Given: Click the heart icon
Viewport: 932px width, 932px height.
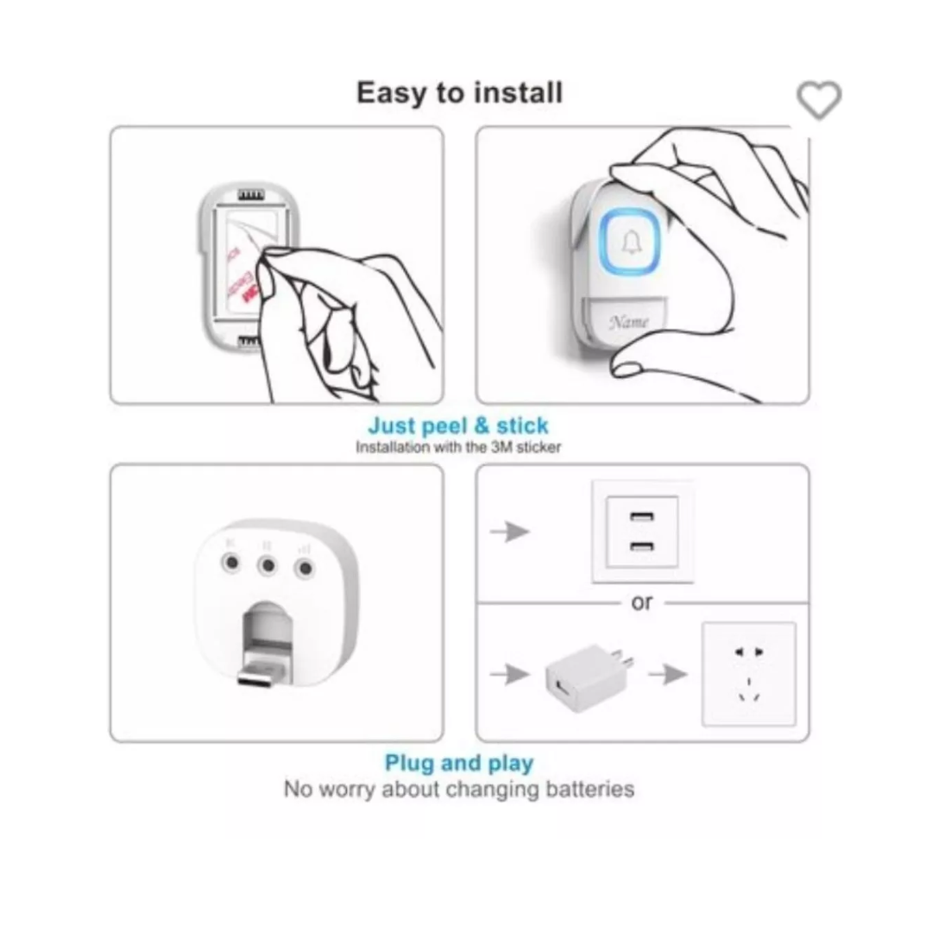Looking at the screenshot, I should coord(818,100).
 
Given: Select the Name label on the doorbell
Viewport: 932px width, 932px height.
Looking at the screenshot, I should coord(628,322).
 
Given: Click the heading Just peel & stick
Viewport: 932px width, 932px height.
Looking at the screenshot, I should coord(457,425).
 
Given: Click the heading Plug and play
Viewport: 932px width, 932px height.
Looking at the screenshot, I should coord(459,763).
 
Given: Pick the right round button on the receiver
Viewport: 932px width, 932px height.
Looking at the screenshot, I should coord(304,568).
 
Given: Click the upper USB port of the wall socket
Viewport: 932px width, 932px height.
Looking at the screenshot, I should coord(641,519).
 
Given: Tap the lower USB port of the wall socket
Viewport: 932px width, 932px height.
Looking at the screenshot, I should coord(641,546).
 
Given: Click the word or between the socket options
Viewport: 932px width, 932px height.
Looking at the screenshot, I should coord(642,602).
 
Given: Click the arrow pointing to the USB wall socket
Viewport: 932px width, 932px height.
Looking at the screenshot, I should coord(510,532).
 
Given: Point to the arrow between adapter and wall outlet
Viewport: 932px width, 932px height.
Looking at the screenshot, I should coord(668,674).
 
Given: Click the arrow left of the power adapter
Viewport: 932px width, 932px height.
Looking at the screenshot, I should coord(510,674).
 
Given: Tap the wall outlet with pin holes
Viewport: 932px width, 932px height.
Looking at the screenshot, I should coord(748,673).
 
